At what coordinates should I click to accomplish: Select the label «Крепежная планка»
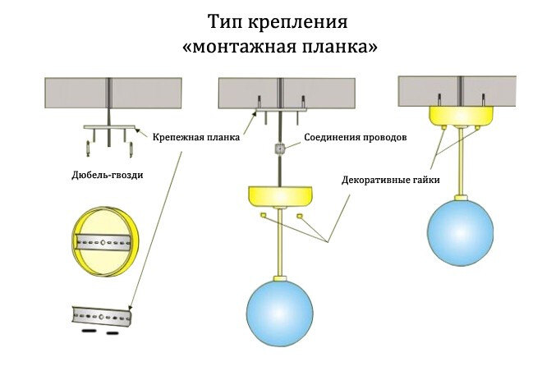click(195, 137)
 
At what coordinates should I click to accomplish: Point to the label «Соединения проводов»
click(355, 137)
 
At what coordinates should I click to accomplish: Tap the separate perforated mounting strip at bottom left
click(100, 314)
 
